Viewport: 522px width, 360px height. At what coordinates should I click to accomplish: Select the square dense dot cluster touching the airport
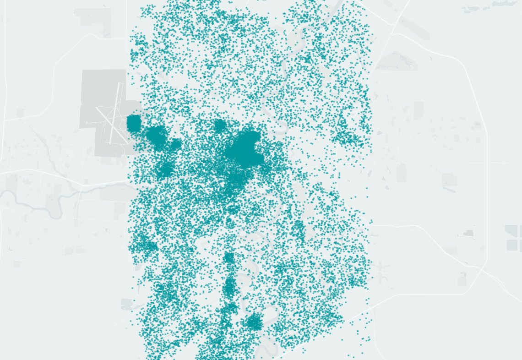click(x=134, y=124)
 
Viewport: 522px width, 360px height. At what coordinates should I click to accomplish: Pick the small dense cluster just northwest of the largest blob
click(x=220, y=125)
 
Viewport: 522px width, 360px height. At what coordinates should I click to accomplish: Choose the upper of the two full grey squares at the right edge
click(x=511, y=230)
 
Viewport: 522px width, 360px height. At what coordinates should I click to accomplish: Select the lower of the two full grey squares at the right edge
click(x=511, y=245)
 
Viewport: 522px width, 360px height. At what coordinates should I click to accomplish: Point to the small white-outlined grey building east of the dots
click(x=468, y=234)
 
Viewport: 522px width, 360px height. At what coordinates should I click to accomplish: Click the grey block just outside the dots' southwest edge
click(x=126, y=304)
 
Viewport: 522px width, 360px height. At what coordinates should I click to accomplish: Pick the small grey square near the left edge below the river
click(x=17, y=264)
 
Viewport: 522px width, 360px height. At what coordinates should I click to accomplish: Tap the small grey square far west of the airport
click(x=20, y=112)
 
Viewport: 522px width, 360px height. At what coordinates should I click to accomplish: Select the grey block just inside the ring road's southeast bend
click(x=462, y=278)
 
